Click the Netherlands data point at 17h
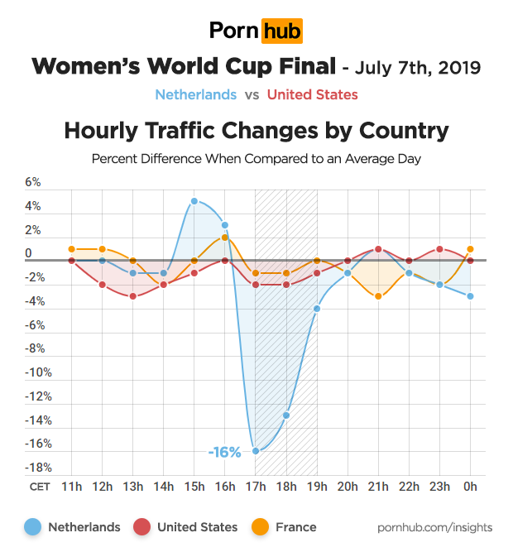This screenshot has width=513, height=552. [x=256, y=451]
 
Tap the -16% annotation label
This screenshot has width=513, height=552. [x=224, y=452]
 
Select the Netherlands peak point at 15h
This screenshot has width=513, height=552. [x=194, y=201]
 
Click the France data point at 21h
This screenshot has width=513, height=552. [x=378, y=296]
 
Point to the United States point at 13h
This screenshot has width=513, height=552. [x=133, y=296]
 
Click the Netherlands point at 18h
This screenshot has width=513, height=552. [x=287, y=415]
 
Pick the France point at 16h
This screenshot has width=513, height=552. [x=225, y=238]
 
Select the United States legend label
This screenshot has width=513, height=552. [x=197, y=527]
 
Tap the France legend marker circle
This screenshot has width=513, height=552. [x=258, y=527]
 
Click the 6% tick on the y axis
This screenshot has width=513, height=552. [x=33, y=182]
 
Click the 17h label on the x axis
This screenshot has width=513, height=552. [x=256, y=487]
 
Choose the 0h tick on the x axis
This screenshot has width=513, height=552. [x=471, y=487]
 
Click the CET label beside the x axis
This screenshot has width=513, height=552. [x=39, y=487]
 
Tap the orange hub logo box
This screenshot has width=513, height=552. [x=281, y=31]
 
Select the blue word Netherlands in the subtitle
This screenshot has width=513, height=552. [x=195, y=95]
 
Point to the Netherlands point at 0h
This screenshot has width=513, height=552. [x=471, y=296]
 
